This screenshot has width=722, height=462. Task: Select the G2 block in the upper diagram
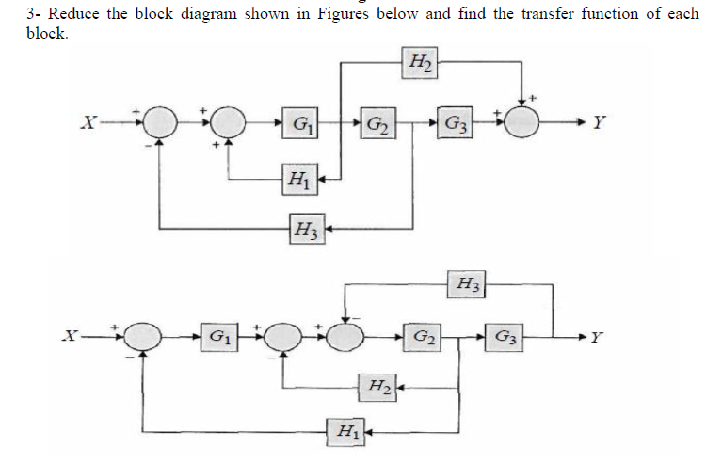point(377,123)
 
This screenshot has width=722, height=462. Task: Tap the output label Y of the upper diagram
point(601,123)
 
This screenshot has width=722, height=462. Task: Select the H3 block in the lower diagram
point(465,281)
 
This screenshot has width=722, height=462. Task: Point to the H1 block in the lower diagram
point(345,432)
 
